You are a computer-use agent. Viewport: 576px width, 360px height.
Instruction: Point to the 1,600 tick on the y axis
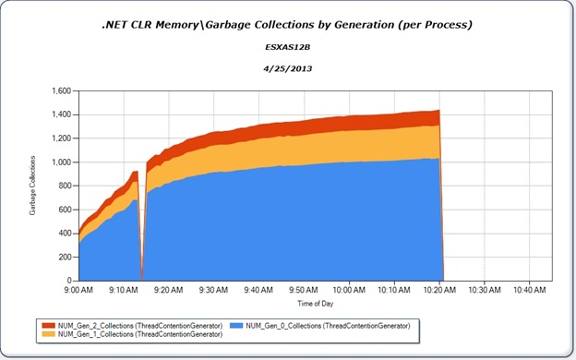(60, 91)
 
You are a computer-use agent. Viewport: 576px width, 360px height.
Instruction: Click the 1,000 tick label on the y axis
(60, 162)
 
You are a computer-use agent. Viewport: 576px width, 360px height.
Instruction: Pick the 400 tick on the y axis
(64, 233)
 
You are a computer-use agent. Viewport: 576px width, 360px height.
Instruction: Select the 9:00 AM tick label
(79, 289)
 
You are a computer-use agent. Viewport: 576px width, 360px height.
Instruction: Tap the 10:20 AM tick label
(439, 289)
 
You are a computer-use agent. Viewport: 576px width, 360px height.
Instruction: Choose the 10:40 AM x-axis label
(529, 289)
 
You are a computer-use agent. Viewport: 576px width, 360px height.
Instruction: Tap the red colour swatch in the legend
(49, 325)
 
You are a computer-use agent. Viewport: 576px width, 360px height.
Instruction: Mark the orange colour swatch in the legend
(49, 334)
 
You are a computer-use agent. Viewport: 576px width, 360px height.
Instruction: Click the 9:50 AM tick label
(304, 289)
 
